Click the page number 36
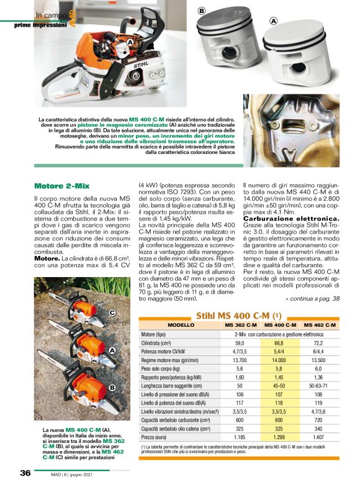[24, 473]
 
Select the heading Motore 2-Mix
[61, 186]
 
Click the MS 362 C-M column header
[241, 326]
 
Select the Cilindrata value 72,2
[318, 342]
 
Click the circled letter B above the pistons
[201, 11]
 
